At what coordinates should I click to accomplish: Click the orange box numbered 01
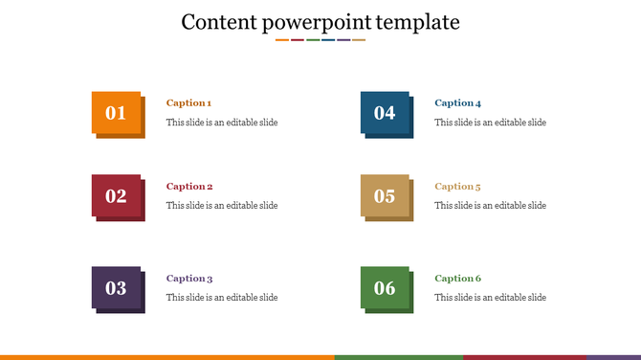pos(116,113)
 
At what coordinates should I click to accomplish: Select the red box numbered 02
pos(116,196)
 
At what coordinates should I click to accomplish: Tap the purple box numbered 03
pos(116,288)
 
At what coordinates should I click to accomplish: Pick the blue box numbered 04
pos(385,113)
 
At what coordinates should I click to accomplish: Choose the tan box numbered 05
pos(385,196)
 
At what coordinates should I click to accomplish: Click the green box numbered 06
pos(385,288)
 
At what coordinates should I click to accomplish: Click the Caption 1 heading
pos(188,102)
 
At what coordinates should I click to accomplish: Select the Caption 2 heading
pos(189,186)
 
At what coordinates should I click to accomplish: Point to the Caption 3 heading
pos(189,278)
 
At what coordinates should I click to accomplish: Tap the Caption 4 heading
pos(457,102)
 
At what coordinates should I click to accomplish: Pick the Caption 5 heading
pos(457,186)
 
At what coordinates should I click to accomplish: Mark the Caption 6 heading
pos(457,278)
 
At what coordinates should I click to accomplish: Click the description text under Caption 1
pos(222,123)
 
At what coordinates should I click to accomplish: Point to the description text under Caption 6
pos(490,298)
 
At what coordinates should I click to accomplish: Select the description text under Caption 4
pos(490,123)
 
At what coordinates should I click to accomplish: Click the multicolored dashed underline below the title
pos(320,40)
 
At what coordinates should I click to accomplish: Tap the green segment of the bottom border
pos(398,357)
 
